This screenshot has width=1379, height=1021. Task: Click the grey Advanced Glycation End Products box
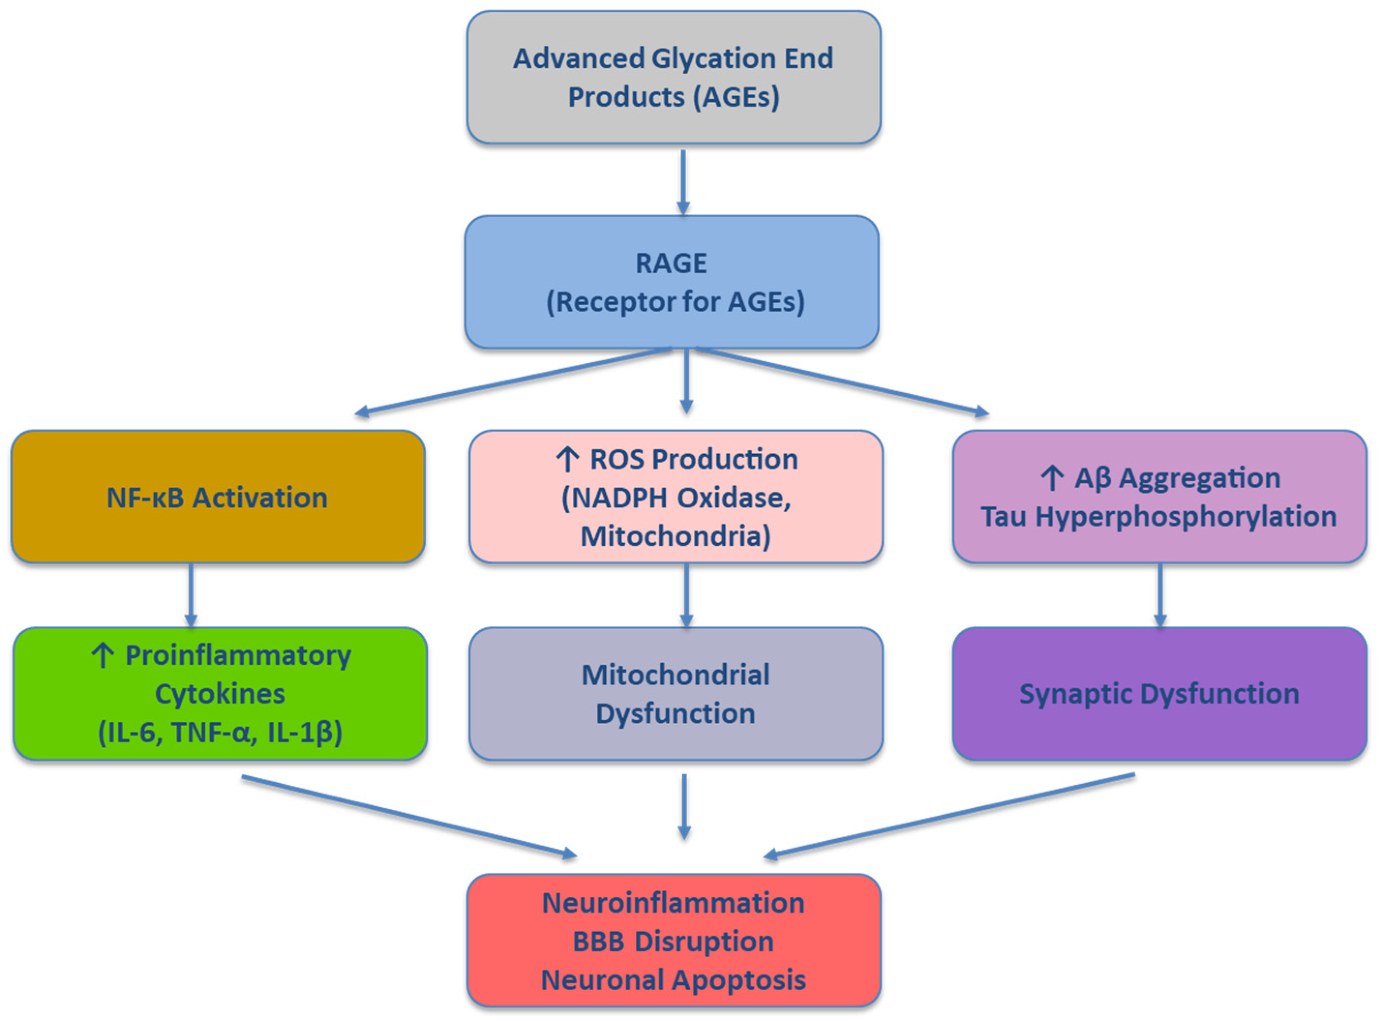click(x=674, y=77)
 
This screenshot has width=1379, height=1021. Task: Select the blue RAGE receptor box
click(x=672, y=282)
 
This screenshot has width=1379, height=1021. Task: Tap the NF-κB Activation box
click(x=218, y=497)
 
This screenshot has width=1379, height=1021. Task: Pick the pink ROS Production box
click(x=676, y=497)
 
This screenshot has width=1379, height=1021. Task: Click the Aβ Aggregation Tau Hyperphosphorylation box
click(x=1159, y=497)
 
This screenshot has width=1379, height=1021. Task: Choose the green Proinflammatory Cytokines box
click(x=220, y=694)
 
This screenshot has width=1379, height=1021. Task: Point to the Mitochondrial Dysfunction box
click(x=676, y=694)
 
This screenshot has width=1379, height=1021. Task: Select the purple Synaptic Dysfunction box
click(x=1159, y=694)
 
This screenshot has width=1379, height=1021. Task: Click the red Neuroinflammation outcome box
click(x=674, y=941)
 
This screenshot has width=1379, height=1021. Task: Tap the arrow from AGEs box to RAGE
click(x=683, y=182)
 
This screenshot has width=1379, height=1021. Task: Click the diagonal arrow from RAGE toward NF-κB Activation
click(x=513, y=381)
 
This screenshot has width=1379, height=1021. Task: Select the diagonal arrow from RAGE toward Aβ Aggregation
click(x=841, y=381)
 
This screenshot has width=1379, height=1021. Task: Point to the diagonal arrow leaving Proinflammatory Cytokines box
click(x=408, y=816)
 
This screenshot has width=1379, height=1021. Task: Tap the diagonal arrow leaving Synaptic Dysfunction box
click(x=949, y=814)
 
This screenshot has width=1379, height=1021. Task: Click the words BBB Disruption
click(x=674, y=941)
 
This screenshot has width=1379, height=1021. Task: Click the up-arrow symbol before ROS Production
click(x=567, y=459)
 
